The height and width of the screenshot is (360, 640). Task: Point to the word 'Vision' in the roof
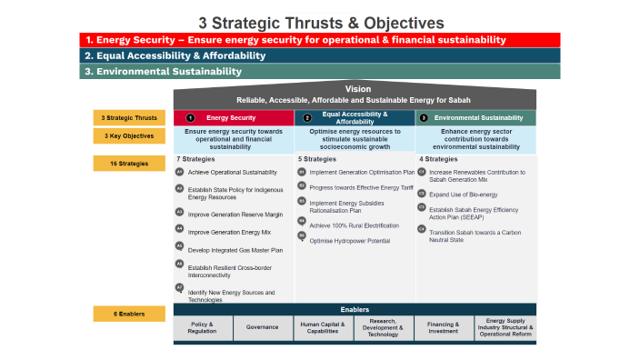[358, 89]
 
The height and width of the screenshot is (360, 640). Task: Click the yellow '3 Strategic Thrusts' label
[128, 117]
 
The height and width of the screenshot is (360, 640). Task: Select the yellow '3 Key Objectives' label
[128, 136]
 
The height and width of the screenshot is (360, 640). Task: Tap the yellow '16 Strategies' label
[128, 164]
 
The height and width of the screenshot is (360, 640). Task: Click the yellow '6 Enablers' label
[128, 314]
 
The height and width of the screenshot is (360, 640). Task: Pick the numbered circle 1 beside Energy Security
[190, 118]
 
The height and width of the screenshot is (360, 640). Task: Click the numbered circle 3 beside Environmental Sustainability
[424, 118]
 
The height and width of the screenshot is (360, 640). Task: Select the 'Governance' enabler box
[263, 327]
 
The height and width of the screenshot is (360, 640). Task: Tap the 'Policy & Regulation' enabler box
[203, 327]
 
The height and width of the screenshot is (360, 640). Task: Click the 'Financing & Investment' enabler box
[445, 327]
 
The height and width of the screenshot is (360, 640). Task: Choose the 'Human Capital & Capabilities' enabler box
[323, 327]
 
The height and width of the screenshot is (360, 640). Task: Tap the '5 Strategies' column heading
[317, 159]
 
